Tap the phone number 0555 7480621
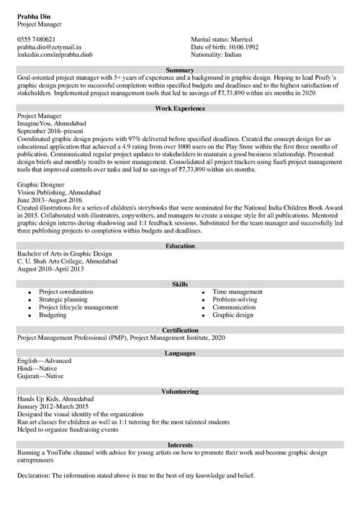pos(36,39)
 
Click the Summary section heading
pos(180,68)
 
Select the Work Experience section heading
pos(180,108)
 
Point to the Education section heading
pos(180,246)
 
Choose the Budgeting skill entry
pos(53,315)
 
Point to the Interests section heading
pos(180,445)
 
